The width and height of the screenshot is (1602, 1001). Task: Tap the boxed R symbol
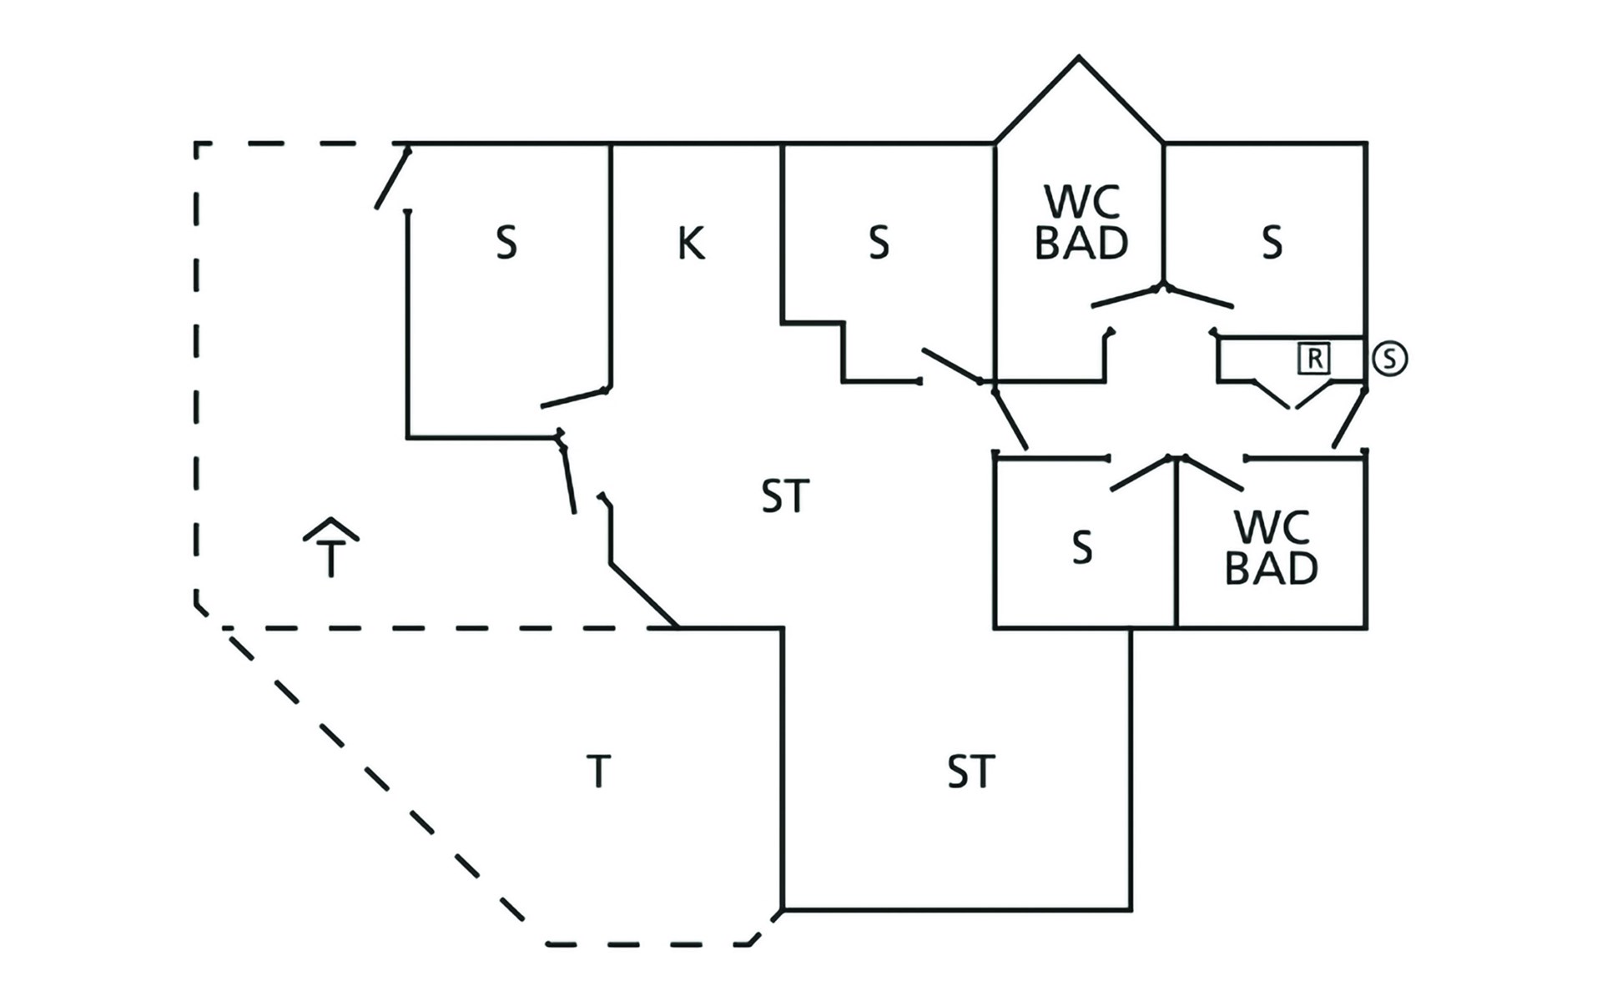1314,359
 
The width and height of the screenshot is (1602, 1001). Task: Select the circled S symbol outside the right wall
1389,359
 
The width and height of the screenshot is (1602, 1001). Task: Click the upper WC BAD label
1081,223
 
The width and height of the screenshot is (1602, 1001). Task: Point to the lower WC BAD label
1271,547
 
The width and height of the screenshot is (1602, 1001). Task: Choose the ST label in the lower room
970,772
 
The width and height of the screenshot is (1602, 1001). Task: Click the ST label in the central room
785,496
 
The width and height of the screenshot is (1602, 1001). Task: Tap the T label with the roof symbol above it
332,559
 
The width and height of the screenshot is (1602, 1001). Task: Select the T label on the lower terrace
598,772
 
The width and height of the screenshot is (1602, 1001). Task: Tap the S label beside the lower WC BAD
1082,548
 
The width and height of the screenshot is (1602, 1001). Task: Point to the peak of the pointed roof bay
1079,58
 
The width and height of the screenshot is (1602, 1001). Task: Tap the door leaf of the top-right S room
1200,297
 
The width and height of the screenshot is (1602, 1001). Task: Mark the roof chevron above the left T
331,529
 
